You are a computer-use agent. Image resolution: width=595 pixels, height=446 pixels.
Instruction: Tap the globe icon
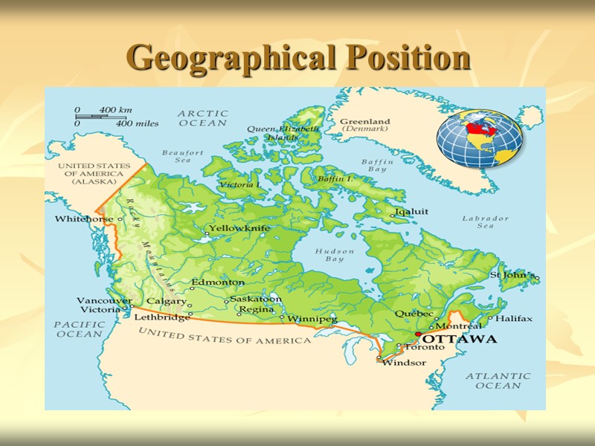pos(480,138)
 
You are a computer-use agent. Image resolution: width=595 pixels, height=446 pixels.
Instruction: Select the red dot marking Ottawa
pos(418,334)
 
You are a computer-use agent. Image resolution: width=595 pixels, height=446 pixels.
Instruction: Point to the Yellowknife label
pos(239,228)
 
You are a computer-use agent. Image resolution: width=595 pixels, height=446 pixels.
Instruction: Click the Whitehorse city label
pos(84,219)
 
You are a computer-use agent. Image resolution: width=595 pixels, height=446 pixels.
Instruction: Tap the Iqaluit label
pos(411,211)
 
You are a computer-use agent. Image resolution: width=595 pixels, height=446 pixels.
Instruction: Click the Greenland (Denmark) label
pos(364,125)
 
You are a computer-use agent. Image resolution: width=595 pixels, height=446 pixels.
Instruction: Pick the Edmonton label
pos(218,282)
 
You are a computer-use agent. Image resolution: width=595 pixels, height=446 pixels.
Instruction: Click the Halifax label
pos(514,318)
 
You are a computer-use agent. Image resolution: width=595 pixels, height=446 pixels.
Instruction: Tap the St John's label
pos(512,275)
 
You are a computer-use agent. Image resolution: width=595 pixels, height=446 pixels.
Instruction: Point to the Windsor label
pos(404,363)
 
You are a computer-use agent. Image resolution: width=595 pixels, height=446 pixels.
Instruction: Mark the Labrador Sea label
pos(486,222)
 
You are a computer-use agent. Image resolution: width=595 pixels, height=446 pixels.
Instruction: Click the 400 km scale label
pos(115,110)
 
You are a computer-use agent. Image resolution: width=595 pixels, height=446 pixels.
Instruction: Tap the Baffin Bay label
pos(377,165)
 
